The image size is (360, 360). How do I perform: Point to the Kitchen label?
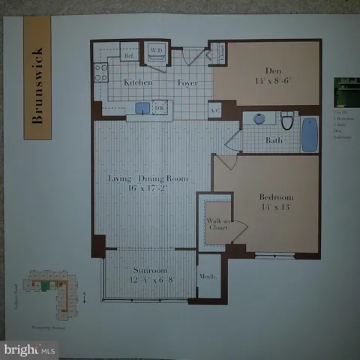pyautogui.click(x=138, y=83)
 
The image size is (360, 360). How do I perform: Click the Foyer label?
pyautogui.click(x=187, y=83)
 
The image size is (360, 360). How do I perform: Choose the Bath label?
pyautogui.click(x=274, y=140)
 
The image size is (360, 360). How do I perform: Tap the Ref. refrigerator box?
pyautogui.click(x=129, y=55)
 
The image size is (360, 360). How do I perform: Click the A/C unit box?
pyautogui.click(x=214, y=109)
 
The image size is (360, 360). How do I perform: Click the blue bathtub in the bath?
pyautogui.click(x=309, y=133)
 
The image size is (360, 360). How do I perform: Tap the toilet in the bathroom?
pyautogui.click(x=286, y=120)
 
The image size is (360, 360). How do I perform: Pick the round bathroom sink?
pyautogui.click(x=259, y=119)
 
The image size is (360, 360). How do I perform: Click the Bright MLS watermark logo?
pyautogui.click(x=30, y=349)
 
